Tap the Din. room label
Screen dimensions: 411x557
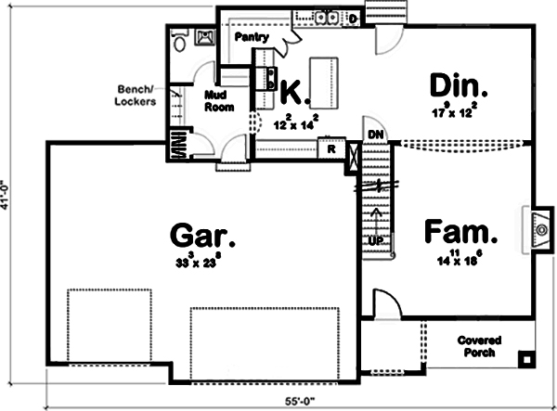460,86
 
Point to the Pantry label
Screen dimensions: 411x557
252,38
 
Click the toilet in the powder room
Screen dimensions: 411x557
180,41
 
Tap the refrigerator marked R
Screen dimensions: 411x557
329,148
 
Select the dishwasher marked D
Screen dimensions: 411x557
353,18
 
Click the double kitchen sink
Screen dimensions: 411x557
326,16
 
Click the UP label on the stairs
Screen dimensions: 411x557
376,240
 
